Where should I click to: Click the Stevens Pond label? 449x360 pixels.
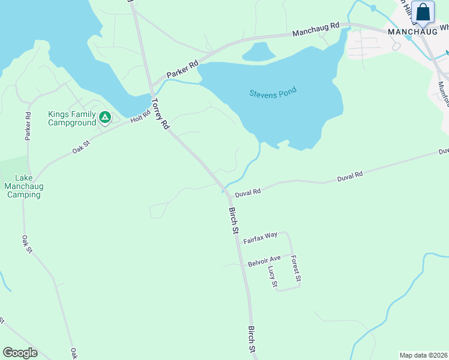point(273,94)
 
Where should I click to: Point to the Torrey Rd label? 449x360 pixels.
point(160,114)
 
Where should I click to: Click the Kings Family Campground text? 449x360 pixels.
point(72,118)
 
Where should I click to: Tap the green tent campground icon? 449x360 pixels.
point(105,117)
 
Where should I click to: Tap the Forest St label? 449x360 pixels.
point(295,269)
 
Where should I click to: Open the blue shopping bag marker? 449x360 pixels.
point(423,13)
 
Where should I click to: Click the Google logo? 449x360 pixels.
point(20,353)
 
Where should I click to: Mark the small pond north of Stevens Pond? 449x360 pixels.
point(259,52)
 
